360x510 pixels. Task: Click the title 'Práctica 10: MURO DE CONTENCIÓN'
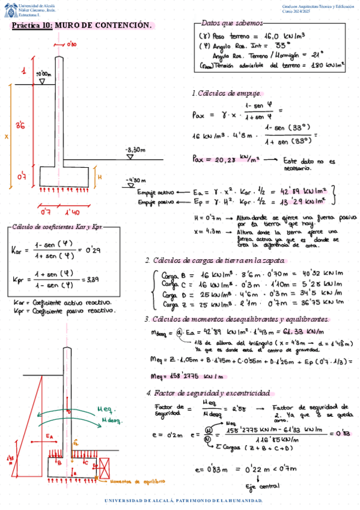pyautogui.click(x=82, y=26)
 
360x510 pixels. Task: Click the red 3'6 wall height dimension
pyautogui.click(x=20, y=126)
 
